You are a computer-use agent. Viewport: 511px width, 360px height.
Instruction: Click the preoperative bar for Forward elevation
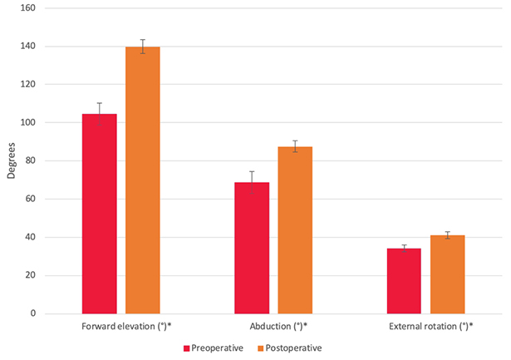tap(99, 214)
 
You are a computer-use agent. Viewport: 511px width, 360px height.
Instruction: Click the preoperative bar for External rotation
tap(404, 281)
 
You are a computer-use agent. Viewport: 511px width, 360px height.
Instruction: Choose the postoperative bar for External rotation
tap(447, 274)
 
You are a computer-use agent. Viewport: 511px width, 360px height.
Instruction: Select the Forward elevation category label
tap(121, 326)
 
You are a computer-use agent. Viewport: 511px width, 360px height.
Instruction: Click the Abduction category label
tap(273, 326)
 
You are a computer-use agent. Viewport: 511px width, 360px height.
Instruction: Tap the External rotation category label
tap(425, 326)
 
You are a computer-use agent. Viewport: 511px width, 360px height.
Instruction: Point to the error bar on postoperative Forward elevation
tap(142, 47)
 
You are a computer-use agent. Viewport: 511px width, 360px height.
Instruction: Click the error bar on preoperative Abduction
tap(252, 182)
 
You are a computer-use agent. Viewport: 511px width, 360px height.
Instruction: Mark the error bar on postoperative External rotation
tap(447, 235)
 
